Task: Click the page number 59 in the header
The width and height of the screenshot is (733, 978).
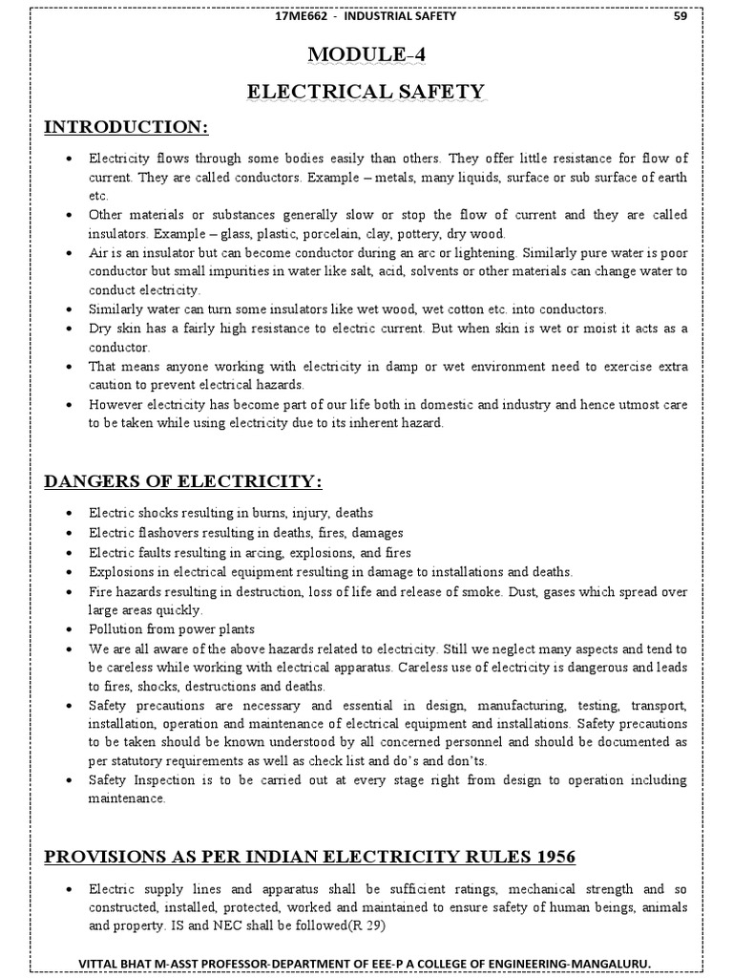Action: pyautogui.click(x=681, y=15)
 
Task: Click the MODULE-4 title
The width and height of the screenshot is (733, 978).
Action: pyautogui.click(x=366, y=56)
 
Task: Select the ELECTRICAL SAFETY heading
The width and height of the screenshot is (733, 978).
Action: pyautogui.click(x=366, y=92)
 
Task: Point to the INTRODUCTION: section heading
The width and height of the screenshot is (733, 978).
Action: pyautogui.click(x=126, y=128)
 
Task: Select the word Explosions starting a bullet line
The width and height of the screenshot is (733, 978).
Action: pyautogui.click(x=121, y=571)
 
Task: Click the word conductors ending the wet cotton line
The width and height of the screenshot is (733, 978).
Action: pyautogui.click(x=571, y=309)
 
